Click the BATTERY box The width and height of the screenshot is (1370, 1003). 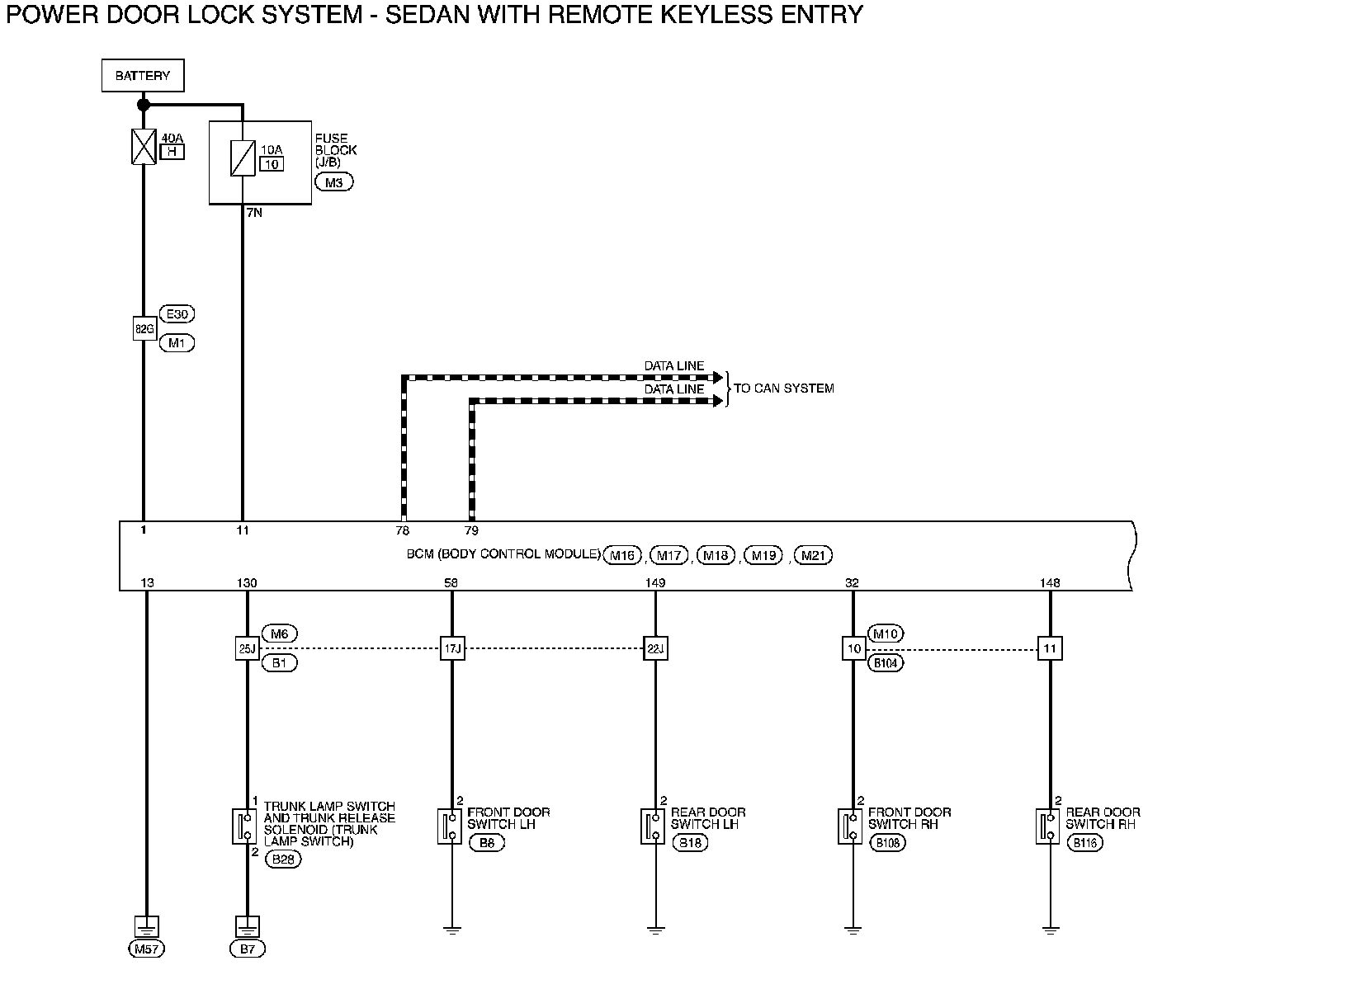click(x=143, y=76)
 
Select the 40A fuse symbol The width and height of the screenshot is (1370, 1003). click(x=144, y=147)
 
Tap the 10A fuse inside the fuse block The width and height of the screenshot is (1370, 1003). click(x=243, y=158)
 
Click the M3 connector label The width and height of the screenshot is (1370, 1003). click(x=333, y=182)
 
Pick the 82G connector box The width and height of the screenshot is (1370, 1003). click(x=144, y=328)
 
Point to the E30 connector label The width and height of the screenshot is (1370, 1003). click(x=180, y=314)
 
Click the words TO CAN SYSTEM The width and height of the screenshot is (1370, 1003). click(x=784, y=388)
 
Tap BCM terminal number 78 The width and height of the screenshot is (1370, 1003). click(x=402, y=530)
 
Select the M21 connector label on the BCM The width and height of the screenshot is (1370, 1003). click(x=811, y=555)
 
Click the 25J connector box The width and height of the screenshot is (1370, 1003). click(x=247, y=648)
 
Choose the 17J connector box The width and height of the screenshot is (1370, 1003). click(x=451, y=648)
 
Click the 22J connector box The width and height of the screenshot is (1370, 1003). click(x=655, y=648)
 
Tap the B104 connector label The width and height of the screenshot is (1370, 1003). click(x=886, y=662)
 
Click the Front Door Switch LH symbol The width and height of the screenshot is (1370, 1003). click(x=450, y=826)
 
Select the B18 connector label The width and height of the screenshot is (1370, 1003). click(x=690, y=843)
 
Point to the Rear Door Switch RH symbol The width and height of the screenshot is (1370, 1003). click(x=1047, y=826)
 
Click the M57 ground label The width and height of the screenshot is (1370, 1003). click(x=146, y=949)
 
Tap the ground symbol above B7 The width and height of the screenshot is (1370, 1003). click(x=248, y=925)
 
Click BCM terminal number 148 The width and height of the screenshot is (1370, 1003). click(x=1050, y=583)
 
